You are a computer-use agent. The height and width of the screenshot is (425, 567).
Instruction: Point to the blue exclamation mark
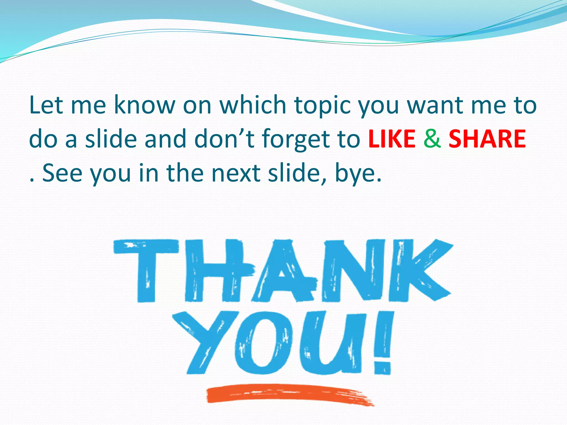pyautogui.click(x=383, y=343)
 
